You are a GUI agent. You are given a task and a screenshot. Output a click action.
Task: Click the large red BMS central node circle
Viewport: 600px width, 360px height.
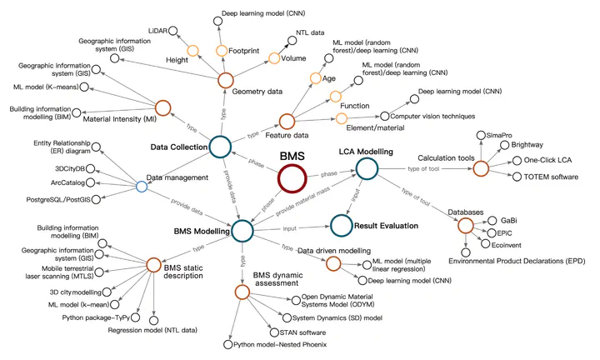click(296, 178)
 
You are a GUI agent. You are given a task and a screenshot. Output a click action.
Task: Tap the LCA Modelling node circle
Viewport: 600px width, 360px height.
click(367, 170)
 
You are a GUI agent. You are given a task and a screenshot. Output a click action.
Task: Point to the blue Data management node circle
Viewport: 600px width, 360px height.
click(141, 186)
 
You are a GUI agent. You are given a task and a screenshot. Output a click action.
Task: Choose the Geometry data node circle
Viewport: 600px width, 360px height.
click(225, 81)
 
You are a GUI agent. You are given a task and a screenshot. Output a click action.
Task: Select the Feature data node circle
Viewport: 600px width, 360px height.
click(287, 122)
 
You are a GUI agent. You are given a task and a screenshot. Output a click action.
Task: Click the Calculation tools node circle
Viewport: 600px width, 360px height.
click(480, 168)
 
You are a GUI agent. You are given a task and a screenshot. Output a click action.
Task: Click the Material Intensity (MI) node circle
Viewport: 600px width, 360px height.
click(163, 107)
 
